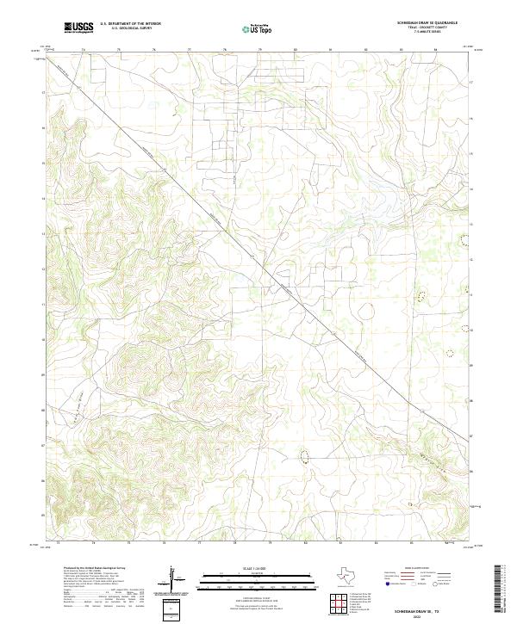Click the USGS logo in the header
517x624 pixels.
pyautogui.click(x=78, y=28)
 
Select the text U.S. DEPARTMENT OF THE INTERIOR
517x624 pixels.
pyautogui.click(x=130, y=24)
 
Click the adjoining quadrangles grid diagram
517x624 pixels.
pyautogui.click(x=339, y=605)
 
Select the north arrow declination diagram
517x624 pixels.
pyautogui.click(x=172, y=577)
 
